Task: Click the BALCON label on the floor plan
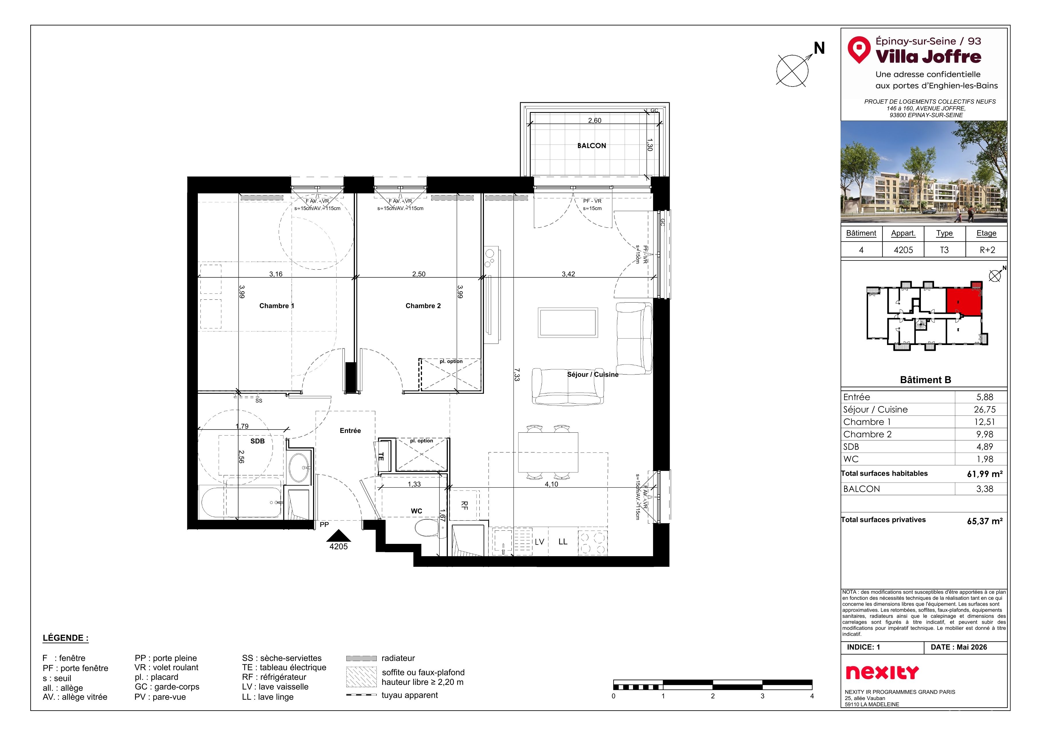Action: tap(591, 146)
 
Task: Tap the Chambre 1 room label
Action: tap(277, 306)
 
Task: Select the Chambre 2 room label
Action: tap(423, 306)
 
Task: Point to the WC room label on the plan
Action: tap(417, 511)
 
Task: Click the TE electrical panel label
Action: tap(381, 457)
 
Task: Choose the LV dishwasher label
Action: tap(539, 542)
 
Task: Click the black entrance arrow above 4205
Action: tap(338, 536)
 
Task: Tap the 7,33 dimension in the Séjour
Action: tap(517, 375)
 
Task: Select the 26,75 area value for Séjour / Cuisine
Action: tap(985, 409)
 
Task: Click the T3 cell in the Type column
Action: tap(944, 250)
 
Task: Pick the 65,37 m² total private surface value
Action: tap(985, 521)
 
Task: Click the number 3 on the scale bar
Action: tap(762, 696)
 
